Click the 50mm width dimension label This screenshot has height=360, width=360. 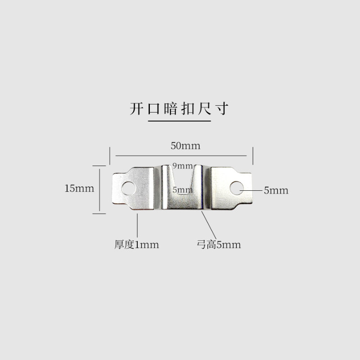185,146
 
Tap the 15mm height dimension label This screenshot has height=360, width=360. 79,189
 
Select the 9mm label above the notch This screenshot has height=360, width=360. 182,166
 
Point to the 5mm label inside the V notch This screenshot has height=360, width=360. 182,190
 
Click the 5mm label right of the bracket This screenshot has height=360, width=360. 276,190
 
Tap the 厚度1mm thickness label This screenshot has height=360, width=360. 136,245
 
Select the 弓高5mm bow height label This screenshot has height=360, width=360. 219,245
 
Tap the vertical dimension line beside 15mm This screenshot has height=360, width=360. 99,189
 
